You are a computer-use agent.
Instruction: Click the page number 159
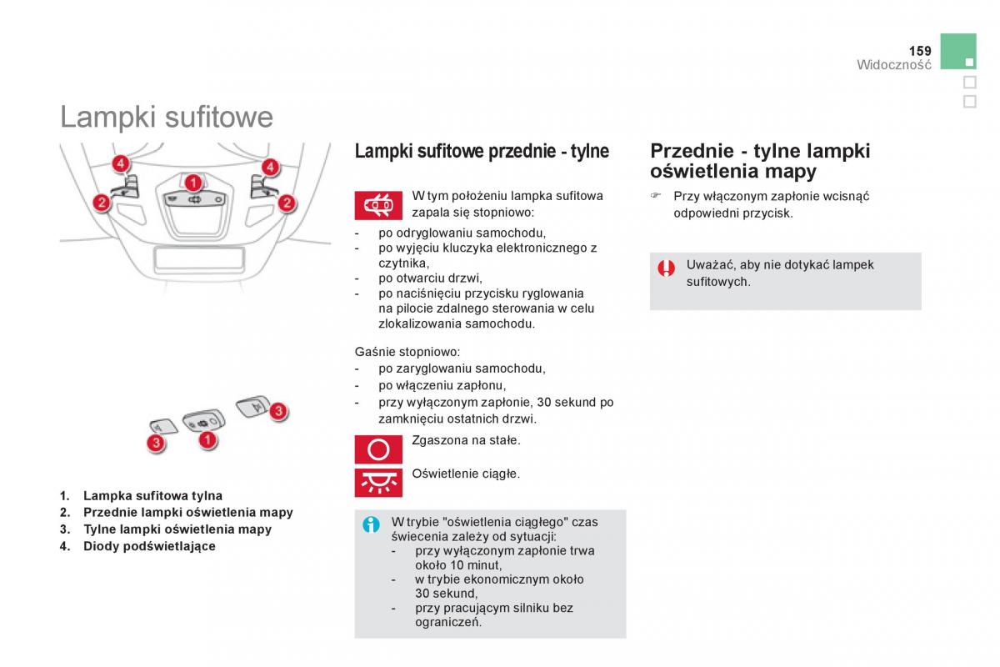tap(919, 51)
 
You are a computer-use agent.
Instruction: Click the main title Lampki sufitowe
tap(166, 117)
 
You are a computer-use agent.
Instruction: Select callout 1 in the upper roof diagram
tap(192, 182)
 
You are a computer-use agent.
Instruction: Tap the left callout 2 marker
tap(100, 202)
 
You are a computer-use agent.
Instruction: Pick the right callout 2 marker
tap(287, 202)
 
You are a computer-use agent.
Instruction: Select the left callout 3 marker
tap(155, 443)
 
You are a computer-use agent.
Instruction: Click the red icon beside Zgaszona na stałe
tap(379, 449)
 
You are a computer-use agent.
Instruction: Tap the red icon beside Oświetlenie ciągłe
tap(379, 483)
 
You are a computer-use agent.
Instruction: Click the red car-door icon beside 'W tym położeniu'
tap(379, 205)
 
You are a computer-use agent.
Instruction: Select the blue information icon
tap(372, 524)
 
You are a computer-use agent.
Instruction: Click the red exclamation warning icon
tap(666, 268)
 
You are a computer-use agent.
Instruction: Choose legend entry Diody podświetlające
tap(149, 546)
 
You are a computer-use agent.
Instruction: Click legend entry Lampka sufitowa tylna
tap(152, 495)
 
